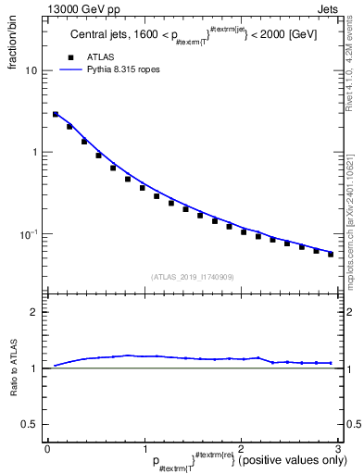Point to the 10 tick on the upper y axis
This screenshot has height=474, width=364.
(31, 71)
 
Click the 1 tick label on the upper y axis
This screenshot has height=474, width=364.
(34, 152)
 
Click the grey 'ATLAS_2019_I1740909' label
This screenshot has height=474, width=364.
(192, 277)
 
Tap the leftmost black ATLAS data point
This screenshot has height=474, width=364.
(56, 115)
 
